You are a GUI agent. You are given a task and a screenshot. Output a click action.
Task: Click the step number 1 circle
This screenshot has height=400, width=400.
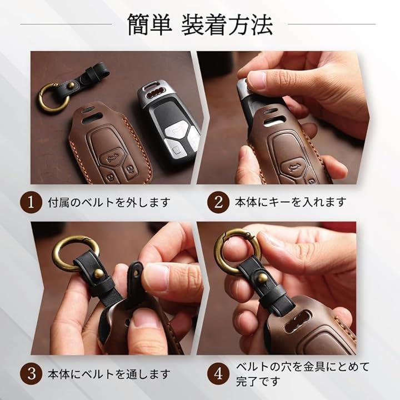pos(31,202)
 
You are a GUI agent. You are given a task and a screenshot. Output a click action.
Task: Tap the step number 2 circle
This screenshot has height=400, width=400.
pos(218,202)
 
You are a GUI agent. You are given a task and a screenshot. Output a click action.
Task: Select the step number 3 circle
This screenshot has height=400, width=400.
pos(31,374)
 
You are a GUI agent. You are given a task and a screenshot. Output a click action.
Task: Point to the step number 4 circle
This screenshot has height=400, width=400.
pos(218,374)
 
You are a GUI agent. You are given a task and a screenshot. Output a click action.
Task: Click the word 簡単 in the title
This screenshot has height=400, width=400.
pos(149,24)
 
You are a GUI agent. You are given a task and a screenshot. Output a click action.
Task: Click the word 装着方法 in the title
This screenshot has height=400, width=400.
pos(227,24)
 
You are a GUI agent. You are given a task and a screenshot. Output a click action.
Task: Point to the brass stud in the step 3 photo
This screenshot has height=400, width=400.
pos(99,274)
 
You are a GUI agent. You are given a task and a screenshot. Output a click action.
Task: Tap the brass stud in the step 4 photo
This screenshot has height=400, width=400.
pos(262,277)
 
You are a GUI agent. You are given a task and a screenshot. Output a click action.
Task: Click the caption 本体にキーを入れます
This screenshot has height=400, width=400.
pos(291,202)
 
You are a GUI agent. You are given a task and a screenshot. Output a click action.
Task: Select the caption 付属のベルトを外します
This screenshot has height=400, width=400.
pos(109,203)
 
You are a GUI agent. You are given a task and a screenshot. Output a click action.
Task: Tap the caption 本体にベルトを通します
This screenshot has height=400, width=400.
pos(109,374)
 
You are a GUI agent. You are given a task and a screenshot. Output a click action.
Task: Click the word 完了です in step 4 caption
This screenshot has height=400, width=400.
pos(258,381)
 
